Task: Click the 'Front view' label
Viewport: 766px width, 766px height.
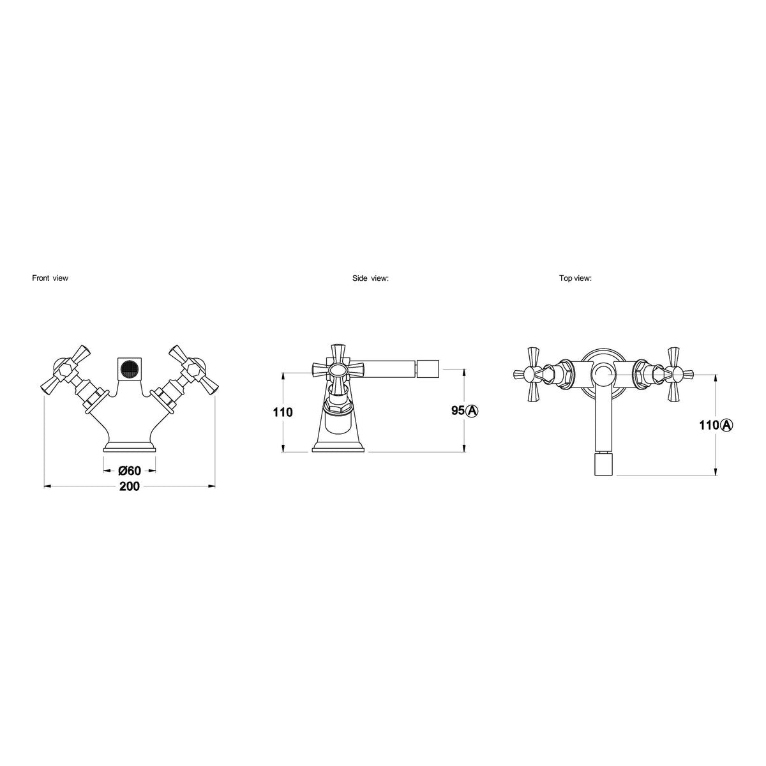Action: click(50, 278)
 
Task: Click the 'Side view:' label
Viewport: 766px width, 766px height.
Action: click(370, 278)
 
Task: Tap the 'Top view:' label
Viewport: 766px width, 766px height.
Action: click(575, 278)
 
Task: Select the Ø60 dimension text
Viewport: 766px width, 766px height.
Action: click(130, 470)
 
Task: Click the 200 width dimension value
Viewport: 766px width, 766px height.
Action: click(130, 486)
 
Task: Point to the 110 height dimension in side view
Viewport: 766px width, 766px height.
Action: click(283, 412)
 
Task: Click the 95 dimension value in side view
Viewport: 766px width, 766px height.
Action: click(458, 410)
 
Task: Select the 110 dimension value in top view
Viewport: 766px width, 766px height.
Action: click(709, 425)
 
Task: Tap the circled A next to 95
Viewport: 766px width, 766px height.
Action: click(472, 410)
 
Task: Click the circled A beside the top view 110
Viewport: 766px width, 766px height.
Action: click(726, 425)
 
